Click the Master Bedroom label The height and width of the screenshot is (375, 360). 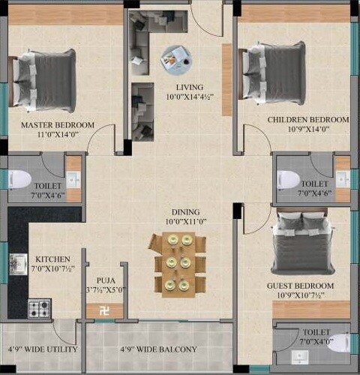pos(57,124)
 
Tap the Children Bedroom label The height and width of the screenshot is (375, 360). pos(308,120)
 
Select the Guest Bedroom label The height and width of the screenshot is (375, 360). pos(300,286)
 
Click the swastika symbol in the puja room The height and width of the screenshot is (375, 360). pos(102,307)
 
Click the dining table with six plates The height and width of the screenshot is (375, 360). pos(178,262)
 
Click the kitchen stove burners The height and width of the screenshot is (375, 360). pos(39,306)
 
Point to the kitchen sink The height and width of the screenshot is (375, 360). pos(19,263)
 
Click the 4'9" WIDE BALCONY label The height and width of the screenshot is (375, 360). pos(158,349)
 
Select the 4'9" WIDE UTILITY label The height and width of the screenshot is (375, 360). pos(43,349)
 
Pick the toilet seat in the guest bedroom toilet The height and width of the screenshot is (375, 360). pos(335,343)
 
